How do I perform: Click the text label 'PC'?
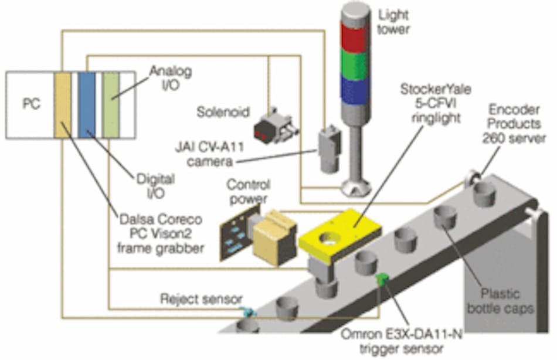pyautogui.click(x=31, y=104)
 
